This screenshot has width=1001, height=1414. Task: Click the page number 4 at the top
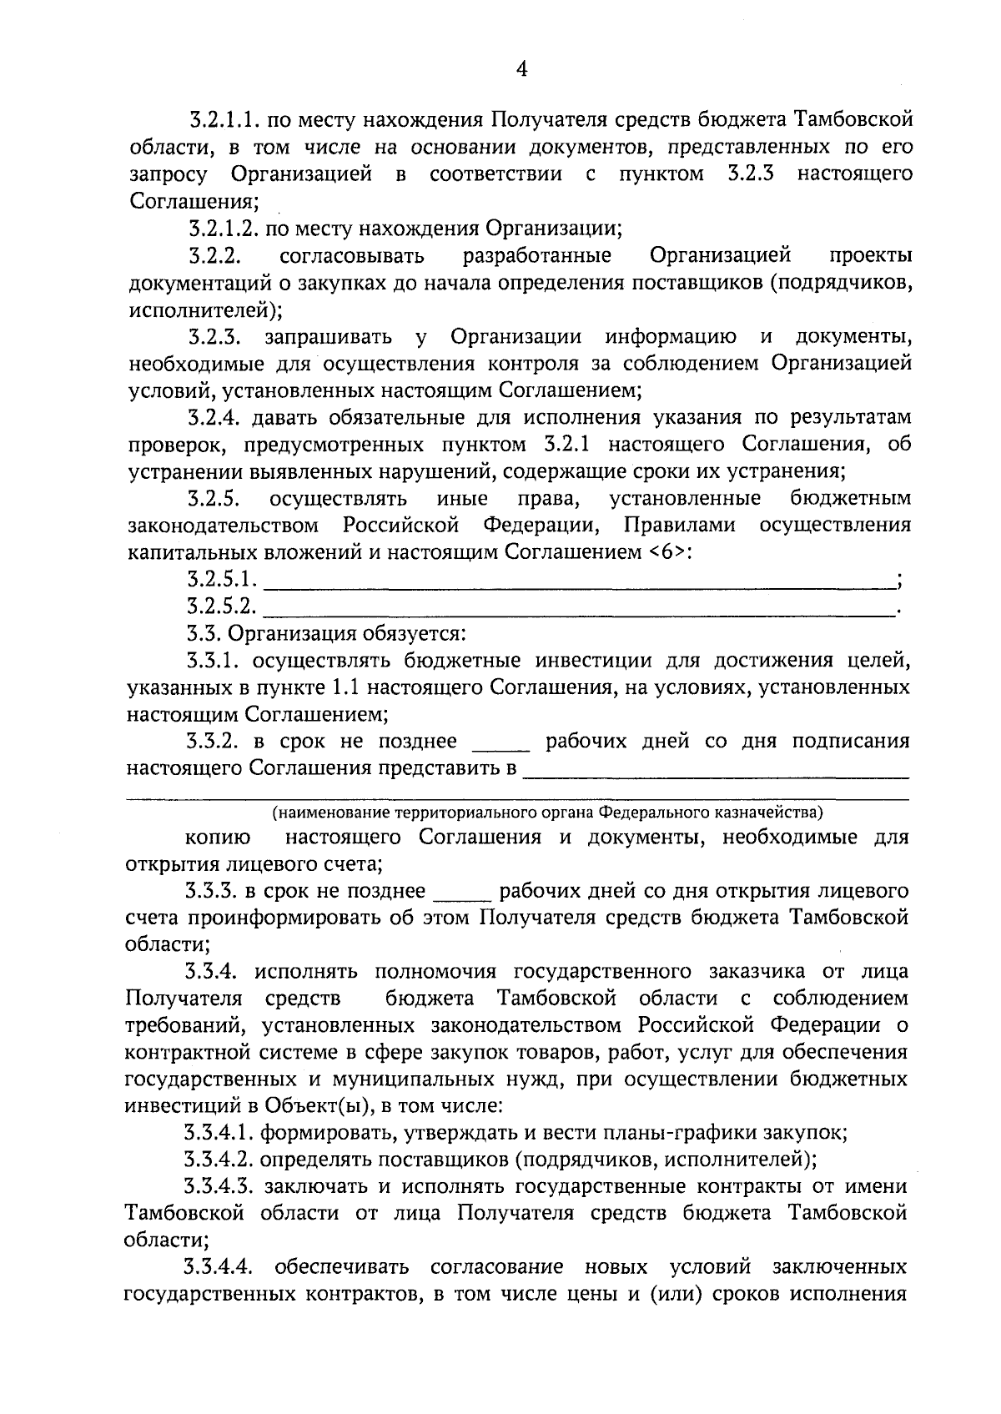[521, 70]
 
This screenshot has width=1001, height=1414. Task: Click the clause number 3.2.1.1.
[222, 120]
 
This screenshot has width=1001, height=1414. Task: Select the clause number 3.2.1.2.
[222, 228]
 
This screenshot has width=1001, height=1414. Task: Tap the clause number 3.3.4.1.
[219, 1134]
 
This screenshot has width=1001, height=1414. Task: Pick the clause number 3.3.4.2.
[219, 1160]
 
